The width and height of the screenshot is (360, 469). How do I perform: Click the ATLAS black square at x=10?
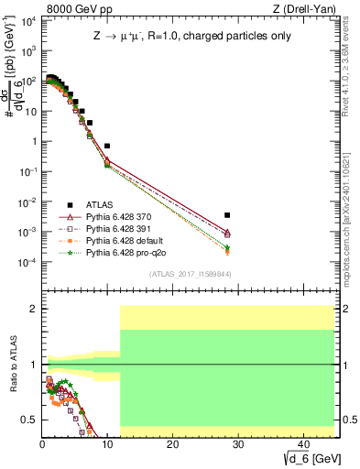click(107, 146)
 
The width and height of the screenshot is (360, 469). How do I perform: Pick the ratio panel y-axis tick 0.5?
click(30, 420)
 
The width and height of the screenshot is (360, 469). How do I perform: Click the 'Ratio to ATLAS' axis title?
click(11, 364)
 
